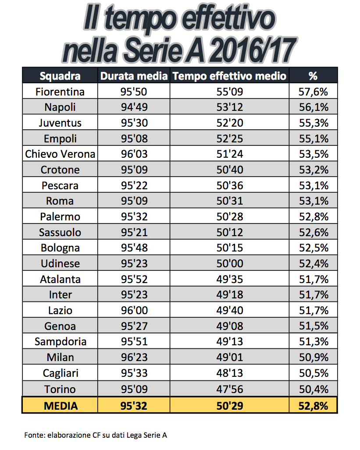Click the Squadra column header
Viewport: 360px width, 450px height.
coord(60,76)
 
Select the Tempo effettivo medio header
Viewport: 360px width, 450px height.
coord(229,76)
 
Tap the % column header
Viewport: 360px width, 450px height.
coord(313,76)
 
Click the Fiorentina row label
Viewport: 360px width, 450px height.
coord(60,92)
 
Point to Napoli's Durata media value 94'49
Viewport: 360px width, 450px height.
coord(134,107)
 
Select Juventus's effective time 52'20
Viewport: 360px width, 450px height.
coord(229,123)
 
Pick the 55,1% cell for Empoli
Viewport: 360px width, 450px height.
coord(313,139)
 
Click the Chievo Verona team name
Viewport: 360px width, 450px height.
coord(60,154)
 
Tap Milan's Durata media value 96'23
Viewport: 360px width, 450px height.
coord(134,358)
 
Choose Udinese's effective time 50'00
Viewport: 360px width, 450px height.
coord(229,264)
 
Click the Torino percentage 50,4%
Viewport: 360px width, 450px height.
coord(313,389)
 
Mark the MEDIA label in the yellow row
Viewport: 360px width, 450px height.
coord(61,406)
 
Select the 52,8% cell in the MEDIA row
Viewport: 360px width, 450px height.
coord(313,406)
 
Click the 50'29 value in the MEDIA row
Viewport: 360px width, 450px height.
coord(229,406)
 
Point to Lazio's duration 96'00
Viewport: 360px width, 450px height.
coord(134,311)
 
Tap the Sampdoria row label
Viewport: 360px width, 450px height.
coord(60,342)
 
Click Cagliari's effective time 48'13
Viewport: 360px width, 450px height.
coord(229,373)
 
